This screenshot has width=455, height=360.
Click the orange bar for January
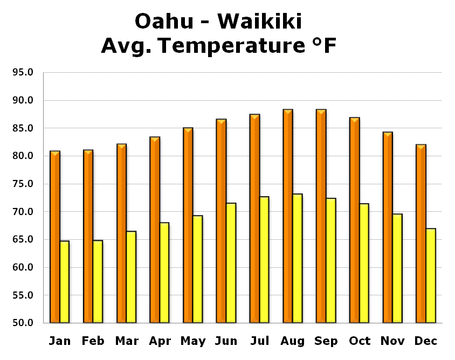coord(55,237)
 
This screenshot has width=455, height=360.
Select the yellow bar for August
coord(298,258)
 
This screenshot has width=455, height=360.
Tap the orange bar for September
coord(321,216)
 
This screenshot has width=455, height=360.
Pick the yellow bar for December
coord(431,275)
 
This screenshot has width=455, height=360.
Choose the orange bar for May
coord(188,225)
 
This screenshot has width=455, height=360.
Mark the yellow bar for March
coord(131,277)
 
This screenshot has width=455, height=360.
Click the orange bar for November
coord(388,227)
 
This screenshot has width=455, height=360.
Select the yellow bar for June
coord(231,263)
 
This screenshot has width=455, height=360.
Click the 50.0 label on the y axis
coord(23,323)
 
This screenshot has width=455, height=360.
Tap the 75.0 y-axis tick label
coord(23,184)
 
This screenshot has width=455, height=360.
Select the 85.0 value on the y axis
coord(23,128)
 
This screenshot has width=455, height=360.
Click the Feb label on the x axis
coord(93,341)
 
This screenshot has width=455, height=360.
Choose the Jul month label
coord(260,341)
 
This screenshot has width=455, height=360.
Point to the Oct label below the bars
coord(360,341)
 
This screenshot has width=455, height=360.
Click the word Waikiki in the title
coord(260,21)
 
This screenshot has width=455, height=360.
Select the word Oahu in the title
coord(164,21)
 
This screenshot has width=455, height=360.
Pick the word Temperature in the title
coord(232,46)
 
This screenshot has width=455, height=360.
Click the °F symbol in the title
coord(324,45)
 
